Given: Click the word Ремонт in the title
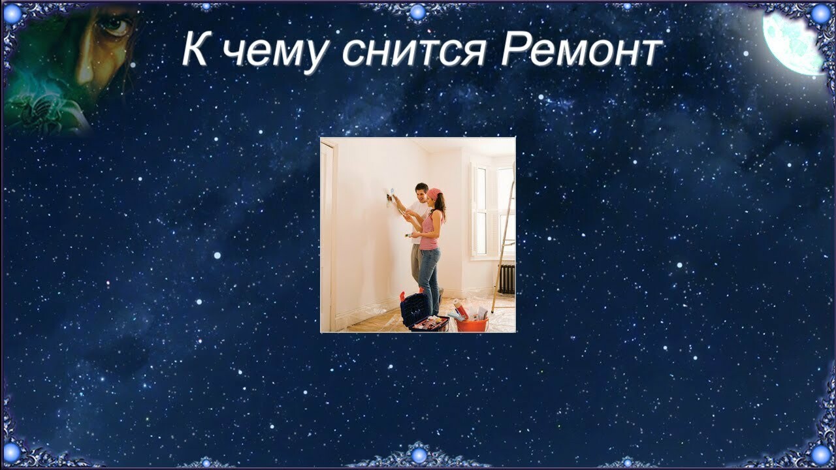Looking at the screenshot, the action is (x=581, y=49).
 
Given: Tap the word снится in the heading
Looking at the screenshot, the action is (x=414, y=52).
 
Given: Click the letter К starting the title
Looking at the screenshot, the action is (x=195, y=48).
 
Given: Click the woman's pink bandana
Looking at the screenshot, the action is (x=434, y=194).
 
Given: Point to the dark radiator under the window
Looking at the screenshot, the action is (x=506, y=279).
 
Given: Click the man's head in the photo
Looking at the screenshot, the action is (x=421, y=192).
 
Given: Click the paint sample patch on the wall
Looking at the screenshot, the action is (x=391, y=191).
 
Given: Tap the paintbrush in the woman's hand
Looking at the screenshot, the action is (x=409, y=235).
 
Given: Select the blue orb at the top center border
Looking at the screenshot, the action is (x=417, y=12).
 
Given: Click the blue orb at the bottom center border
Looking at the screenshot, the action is (x=419, y=456).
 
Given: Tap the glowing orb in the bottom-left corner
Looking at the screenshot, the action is (x=12, y=452).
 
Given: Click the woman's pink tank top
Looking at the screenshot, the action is (x=431, y=230).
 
